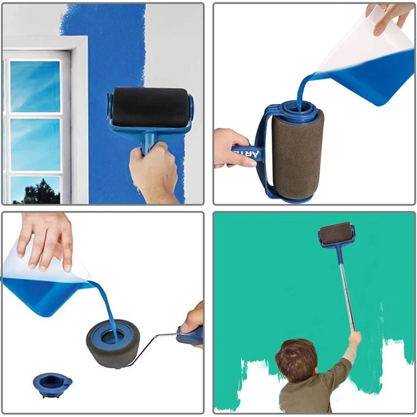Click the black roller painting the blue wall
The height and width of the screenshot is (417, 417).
click(x=150, y=107)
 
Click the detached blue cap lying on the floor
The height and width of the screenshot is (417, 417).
click(x=52, y=381)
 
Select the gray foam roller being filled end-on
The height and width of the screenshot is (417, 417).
click(x=113, y=342)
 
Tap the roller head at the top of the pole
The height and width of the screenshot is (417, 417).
click(x=336, y=234)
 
